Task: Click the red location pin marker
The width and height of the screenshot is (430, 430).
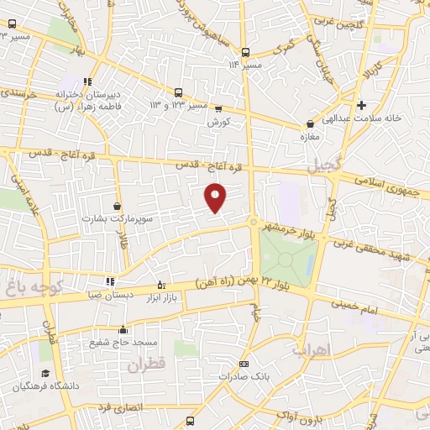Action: tap(217, 197)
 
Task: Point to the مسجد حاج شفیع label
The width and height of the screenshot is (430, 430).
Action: tap(123, 343)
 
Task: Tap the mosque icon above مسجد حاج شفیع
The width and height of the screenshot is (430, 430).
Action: tap(123, 329)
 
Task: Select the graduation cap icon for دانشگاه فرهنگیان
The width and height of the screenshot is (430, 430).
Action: tap(45, 373)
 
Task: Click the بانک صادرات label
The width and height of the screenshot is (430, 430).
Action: tap(243, 376)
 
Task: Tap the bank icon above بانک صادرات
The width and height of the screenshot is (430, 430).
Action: tap(244, 364)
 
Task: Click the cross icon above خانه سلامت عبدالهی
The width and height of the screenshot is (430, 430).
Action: tap(361, 105)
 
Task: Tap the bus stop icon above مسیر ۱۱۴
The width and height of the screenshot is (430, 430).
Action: tap(244, 50)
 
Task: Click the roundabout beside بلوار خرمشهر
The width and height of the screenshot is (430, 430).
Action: tap(253, 222)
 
